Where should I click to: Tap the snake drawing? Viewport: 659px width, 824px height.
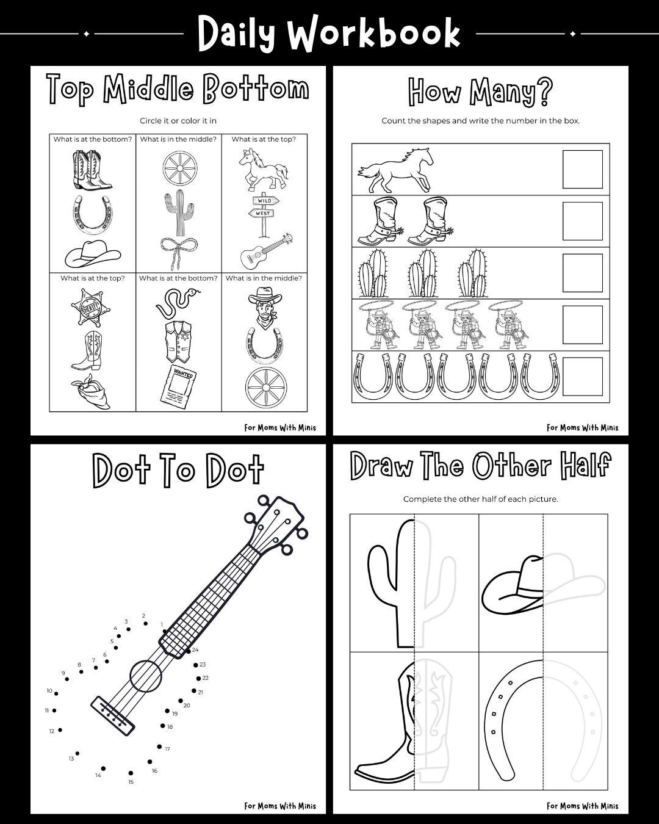tap(178, 302)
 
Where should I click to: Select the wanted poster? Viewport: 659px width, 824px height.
tap(178, 387)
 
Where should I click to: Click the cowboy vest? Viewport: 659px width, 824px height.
tap(178, 342)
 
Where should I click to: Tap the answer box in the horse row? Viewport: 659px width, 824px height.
tap(582, 169)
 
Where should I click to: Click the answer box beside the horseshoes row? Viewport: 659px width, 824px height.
tap(582, 377)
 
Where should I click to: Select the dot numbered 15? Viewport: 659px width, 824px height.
tap(131, 773)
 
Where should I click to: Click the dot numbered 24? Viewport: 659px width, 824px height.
tap(189, 651)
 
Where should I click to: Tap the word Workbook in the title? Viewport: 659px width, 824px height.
tap(373, 34)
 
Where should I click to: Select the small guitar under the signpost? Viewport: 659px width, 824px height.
tap(267, 250)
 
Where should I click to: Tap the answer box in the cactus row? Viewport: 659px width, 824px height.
tap(582, 273)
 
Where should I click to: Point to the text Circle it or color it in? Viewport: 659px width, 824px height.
tap(178, 121)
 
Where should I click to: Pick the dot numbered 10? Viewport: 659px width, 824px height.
tap(56, 693)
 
